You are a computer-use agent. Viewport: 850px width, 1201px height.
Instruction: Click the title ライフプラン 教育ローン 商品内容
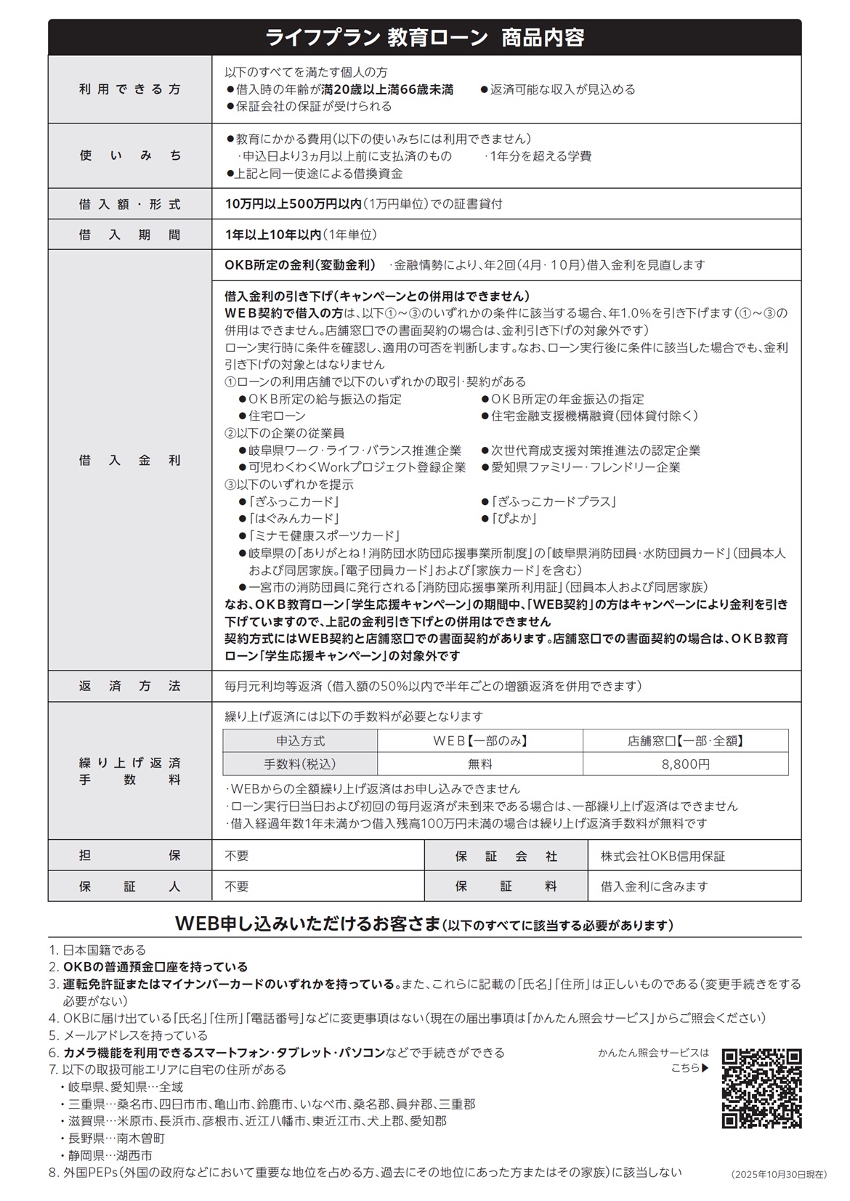424,38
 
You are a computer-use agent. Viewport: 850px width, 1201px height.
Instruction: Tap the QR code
761,1088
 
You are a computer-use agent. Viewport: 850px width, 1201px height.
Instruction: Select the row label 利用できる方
130,89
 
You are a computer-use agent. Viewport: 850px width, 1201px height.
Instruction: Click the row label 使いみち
130,155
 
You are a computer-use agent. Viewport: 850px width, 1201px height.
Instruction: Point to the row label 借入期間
130,235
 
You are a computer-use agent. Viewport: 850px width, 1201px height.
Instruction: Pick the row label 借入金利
130,460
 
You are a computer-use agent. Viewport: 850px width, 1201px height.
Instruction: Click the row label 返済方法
130,686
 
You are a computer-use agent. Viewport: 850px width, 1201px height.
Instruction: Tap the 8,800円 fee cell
685,764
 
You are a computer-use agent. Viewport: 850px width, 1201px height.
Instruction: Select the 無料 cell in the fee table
480,764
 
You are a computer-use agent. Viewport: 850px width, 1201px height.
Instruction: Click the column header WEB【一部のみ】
480,741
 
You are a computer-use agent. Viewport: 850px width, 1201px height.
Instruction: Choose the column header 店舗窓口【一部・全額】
685,741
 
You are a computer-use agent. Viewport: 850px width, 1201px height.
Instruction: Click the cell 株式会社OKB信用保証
663,856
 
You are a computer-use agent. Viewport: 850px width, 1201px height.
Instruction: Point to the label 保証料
506,886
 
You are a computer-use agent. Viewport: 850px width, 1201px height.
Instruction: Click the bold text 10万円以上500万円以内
293,204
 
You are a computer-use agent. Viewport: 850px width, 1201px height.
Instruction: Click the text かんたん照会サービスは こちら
654,1060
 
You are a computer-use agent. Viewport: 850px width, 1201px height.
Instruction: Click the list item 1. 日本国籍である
97,950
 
